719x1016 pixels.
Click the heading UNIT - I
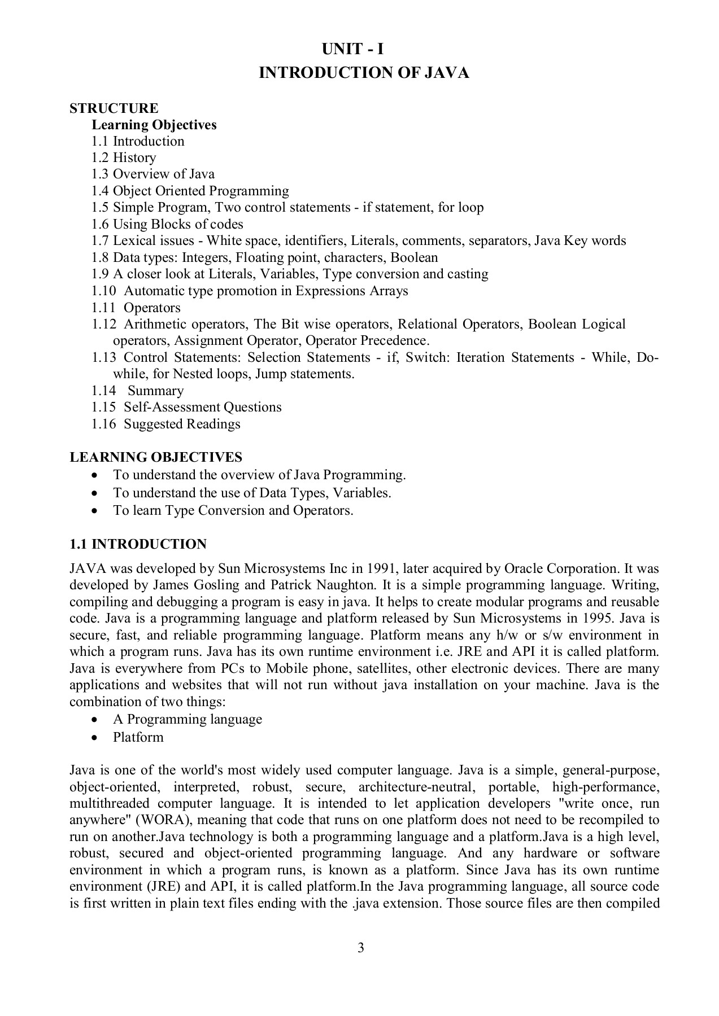tap(352, 50)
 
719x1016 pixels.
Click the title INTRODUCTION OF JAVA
tap(364, 73)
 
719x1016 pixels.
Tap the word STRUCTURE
tap(114, 108)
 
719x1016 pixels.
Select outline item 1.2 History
tap(124, 157)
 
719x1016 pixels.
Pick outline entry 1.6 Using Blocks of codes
tap(167, 224)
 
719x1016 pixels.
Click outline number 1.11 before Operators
tap(104, 308)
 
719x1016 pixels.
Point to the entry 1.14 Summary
tap(138, 391)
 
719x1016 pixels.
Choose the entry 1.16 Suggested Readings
tap(166, 424)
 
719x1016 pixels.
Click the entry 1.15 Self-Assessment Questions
tap(186, 407)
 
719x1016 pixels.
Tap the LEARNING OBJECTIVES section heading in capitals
tap(156, 457)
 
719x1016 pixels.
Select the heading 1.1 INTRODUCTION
tap(138, 544)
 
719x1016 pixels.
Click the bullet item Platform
tap(138, 737)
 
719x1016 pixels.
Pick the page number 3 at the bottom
tap(360, 948)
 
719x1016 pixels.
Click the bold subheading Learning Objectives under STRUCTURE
tap(154, 125)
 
